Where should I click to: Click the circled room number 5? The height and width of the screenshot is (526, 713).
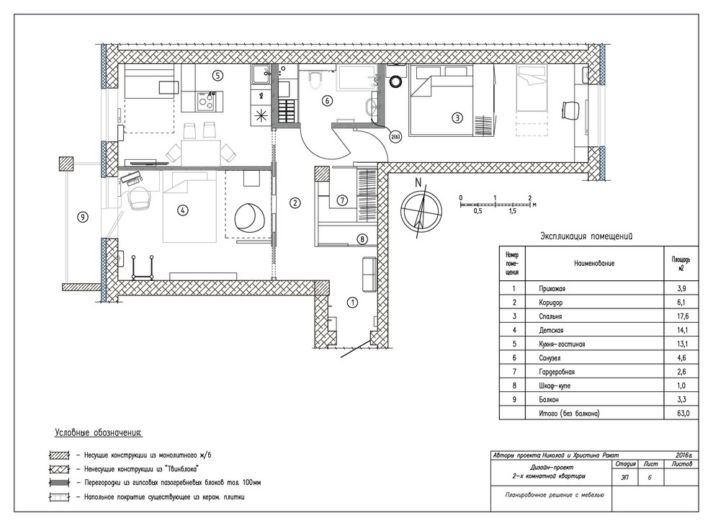click(x=218, y=76)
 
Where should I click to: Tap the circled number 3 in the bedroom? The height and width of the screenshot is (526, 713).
click(x=457, y=117)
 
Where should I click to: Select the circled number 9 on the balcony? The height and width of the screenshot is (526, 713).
click(x=82, y=218)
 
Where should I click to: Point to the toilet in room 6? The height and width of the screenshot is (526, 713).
click(x=314, y=80)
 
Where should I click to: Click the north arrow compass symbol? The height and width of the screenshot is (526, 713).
click(x=421, y=210)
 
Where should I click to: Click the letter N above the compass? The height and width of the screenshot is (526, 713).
click(x=418, y=183)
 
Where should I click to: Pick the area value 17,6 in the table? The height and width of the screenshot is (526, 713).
click(x=681, y=316)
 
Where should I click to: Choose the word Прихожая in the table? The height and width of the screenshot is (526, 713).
click(x=552, y=288)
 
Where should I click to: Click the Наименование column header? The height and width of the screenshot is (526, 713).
click(x=594, y=263)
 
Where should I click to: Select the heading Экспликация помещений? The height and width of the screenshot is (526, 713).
click(x=586, y=236)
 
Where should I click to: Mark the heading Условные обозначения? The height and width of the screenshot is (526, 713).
click(x=99, y=433)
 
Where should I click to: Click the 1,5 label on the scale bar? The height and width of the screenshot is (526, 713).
click(x=513, y=212)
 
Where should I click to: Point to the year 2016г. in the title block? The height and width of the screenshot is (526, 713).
click(x=684, y=455)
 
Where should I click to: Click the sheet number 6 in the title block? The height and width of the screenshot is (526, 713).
click(x=650, y=478)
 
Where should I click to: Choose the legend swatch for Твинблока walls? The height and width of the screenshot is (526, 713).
click(x=60, y=469)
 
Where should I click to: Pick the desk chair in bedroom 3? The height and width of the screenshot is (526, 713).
click(x=571, y=110)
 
